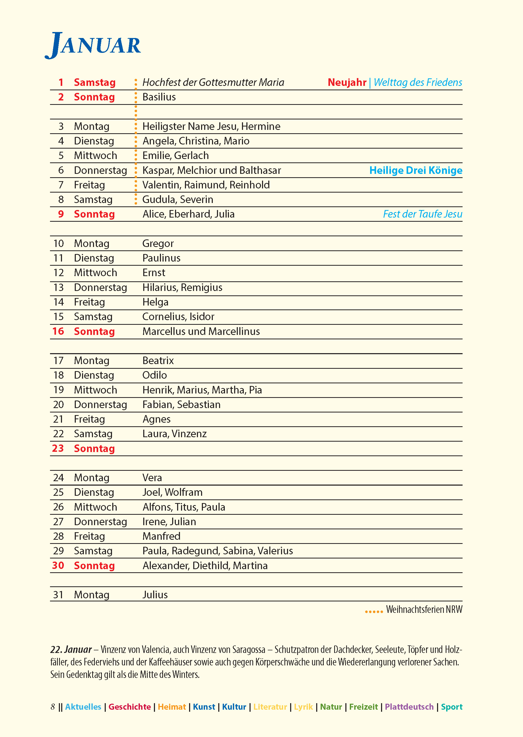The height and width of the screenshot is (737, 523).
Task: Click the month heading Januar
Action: pyautogui.click(x=93, y=45)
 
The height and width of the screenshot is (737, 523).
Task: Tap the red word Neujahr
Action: pyautogui.click(x=347, y=82)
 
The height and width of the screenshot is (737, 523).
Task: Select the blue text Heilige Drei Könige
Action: pyautogui.click(x=415, y=170)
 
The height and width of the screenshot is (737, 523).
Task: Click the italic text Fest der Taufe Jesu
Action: pyautogui.click(x=422, y=214)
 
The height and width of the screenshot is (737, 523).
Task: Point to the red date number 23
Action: pyautogui.click(x=58, y=448)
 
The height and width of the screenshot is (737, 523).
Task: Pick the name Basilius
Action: pyautogui.click(x=159, y=97)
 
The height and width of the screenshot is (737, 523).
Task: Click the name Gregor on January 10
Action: pyautogui.click(x=158, y=244)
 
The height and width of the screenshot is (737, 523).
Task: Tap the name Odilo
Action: pyautogui.click(x=154, y=375)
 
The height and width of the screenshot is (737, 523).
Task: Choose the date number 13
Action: pyautogui.click(x=59, y=287)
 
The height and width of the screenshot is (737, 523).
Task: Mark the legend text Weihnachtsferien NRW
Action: pyautogui.click(x=424, y=609)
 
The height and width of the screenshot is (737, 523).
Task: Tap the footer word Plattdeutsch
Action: pyautogui.click(x=409, y=707)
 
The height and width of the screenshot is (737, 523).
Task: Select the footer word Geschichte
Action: pyautogui.click(x=129, y=707)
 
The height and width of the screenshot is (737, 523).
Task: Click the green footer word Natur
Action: pyautogui.click(x=331, y=707)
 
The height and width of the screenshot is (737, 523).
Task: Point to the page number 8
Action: pyautogui.click(x=53, y=707)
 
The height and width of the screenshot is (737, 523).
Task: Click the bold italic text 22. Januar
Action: pyautogui.click(x=71, y=650)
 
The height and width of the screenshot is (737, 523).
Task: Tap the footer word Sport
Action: pyautogui.click(x=452, y=707)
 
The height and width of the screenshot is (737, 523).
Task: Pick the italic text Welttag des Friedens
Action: pyautogui.click(x=418, y=82)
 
